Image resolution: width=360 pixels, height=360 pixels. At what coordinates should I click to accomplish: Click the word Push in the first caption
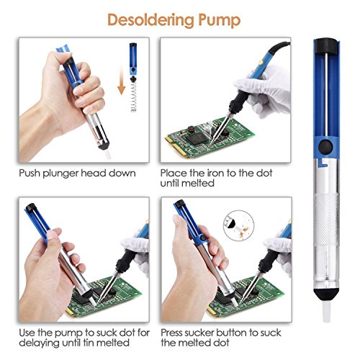(30, 173)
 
